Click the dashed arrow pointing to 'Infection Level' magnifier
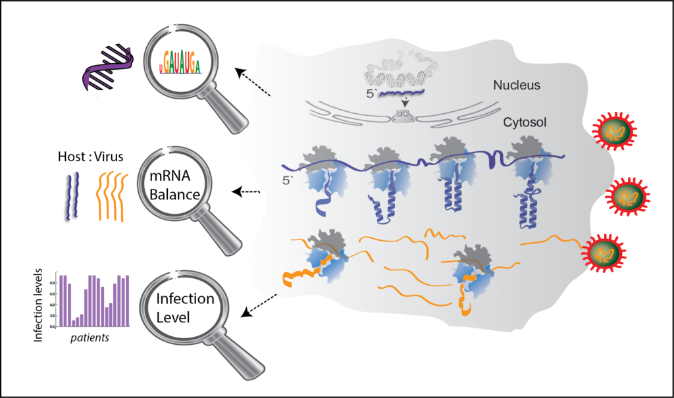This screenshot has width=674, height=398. point(259,304)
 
